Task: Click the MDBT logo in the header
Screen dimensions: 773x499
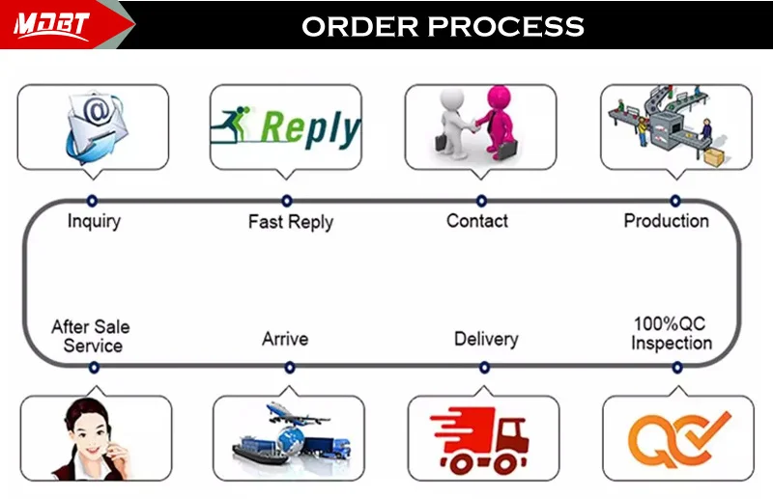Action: (51, 25)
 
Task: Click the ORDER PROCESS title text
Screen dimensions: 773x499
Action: (443, 26)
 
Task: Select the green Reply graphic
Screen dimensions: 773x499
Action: (286, 128)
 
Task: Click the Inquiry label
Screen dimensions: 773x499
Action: (94, 221)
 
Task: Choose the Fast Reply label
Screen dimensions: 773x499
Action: (290, 222)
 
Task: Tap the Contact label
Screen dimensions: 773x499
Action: (476, 221)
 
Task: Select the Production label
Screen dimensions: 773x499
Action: (666, 221)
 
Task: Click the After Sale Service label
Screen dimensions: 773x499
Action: (91, 336)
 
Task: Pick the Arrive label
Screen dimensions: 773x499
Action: (285, 339)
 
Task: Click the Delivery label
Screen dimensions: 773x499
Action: (486, 339)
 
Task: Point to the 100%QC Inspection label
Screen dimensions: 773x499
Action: (672, 333)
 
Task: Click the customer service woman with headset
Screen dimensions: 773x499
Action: (92, 439)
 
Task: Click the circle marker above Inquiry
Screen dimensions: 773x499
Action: (92, 201)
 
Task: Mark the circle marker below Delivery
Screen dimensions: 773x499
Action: (484, 367)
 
